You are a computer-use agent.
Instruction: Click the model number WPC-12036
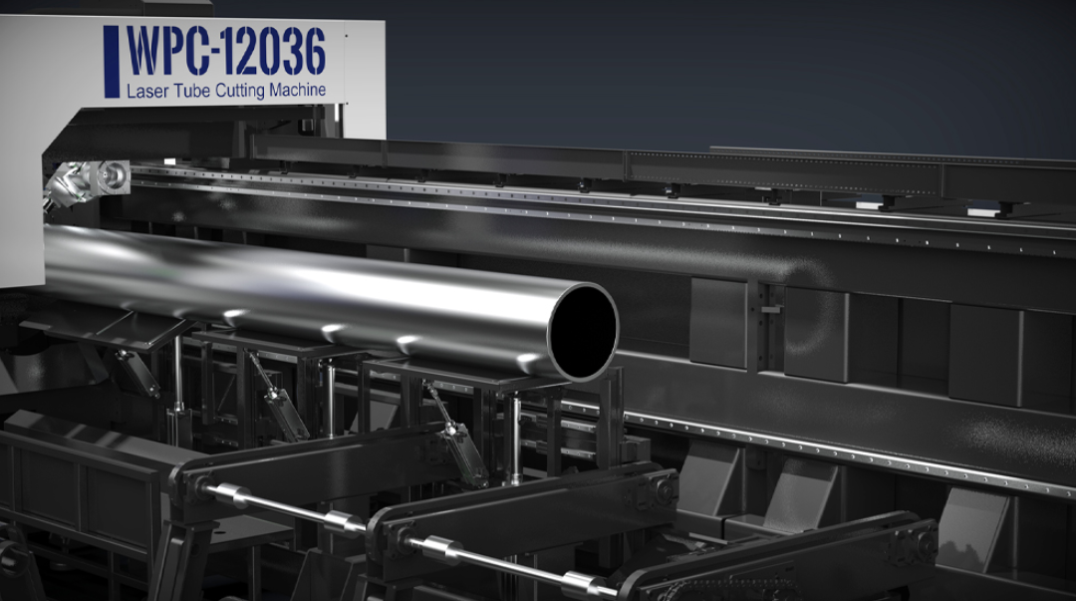click(226, 52)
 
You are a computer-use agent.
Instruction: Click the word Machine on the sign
click(297, 90)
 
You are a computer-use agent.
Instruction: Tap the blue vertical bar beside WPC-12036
click(112, 61)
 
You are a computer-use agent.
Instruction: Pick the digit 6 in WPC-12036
click(314, 52)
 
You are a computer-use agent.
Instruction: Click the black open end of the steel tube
click(583, 332)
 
